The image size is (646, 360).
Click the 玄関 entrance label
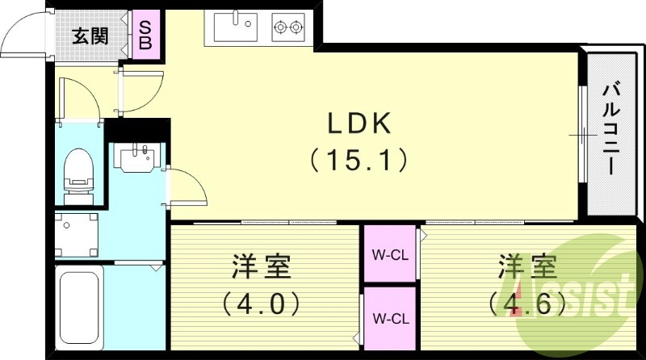coord(90,36)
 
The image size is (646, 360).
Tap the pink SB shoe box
coord(145,35)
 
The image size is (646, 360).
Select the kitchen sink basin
coord(235,27)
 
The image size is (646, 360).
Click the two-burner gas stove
coord(288,27)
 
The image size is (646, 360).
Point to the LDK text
coord(359,123)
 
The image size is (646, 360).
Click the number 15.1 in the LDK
coord(359,160)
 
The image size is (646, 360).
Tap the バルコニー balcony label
coord(612,129)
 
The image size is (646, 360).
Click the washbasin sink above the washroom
coord(136,157)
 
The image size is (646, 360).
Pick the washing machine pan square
coord(77,235)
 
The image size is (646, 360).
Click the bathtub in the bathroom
coord(79,307)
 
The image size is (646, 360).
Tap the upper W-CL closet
coord(390,253)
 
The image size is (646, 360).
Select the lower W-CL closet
coord(390,317)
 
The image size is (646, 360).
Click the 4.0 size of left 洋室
coord(261,303)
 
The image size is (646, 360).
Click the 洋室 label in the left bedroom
coord(261,266)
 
